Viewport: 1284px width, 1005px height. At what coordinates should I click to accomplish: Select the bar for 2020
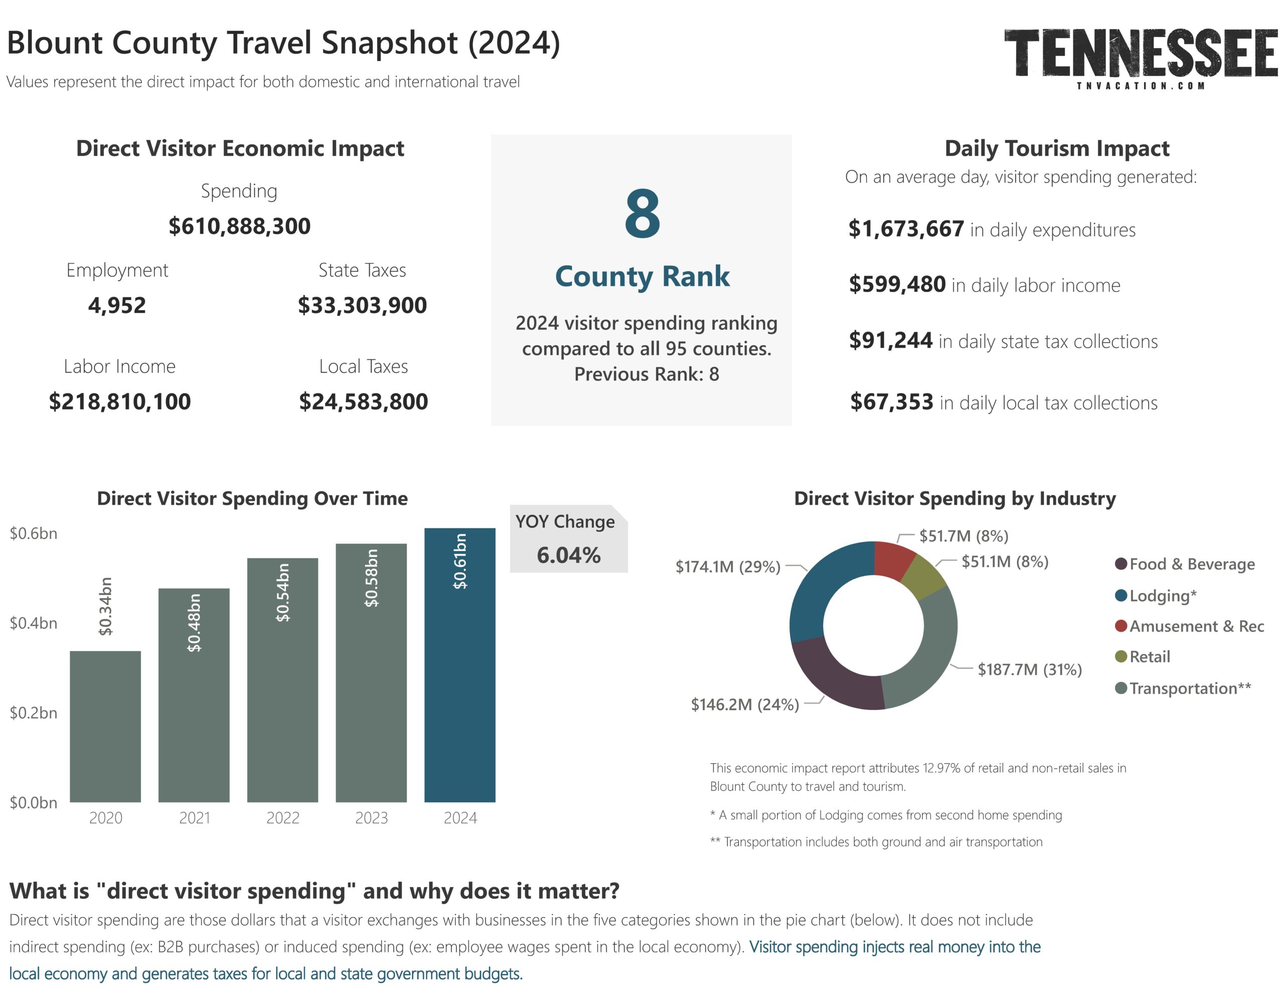(105, 726)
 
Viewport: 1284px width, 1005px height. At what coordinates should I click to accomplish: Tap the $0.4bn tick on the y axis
(34, 623)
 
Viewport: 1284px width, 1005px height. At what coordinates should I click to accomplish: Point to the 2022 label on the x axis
(282, 818)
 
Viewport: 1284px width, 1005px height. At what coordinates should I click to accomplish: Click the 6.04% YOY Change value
(568, 555)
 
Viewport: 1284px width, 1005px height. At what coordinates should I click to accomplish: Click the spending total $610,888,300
(239, 226)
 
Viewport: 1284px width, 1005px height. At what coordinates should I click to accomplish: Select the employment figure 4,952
(117, 306)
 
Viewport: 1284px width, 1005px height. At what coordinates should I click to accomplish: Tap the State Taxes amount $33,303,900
(362, 306)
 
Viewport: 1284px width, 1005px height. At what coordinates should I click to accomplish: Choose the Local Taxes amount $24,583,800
(364, 402)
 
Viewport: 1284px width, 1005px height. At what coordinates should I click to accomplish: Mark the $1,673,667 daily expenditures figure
(906, 229)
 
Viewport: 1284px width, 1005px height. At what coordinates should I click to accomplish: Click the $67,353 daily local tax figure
(892, 402)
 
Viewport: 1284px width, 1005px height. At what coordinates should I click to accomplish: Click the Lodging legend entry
(1162, 596)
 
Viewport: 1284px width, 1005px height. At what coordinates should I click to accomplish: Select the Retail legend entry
(1149, 657)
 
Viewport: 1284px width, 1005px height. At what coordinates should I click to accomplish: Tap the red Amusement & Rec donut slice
(893, 559)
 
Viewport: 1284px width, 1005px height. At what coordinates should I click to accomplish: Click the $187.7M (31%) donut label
(1029, 670)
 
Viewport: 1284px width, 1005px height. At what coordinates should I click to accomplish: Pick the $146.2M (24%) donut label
(745, 704)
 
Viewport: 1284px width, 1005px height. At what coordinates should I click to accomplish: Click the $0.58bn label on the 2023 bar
(371, 578)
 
